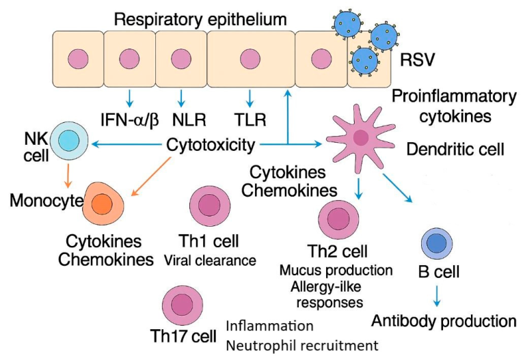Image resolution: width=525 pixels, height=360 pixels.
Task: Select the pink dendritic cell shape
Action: click(x=360, y=137)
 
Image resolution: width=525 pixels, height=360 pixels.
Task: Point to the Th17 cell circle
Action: click(x=181, y=306)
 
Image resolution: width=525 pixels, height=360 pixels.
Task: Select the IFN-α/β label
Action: click(x=130, y=121)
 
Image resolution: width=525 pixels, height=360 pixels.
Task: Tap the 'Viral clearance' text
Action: click(x=209, y=260)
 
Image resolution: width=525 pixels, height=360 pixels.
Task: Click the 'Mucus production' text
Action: click(x=336, y=270)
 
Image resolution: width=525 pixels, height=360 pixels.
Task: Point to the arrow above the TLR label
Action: click(x=251, y=97)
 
